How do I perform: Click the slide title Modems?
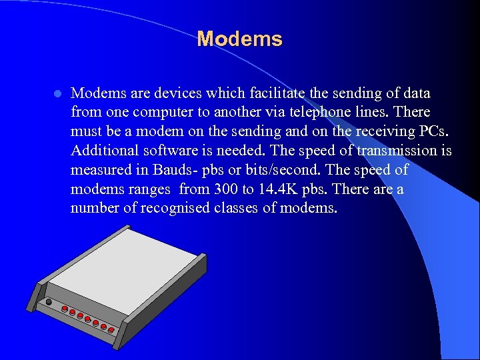[239, 39]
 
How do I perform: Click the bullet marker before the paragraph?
[57, 93]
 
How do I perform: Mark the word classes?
[238, 209]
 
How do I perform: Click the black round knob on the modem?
[48, 301]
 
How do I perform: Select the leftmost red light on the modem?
[65, 309]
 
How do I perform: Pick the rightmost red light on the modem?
[111, 330]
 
